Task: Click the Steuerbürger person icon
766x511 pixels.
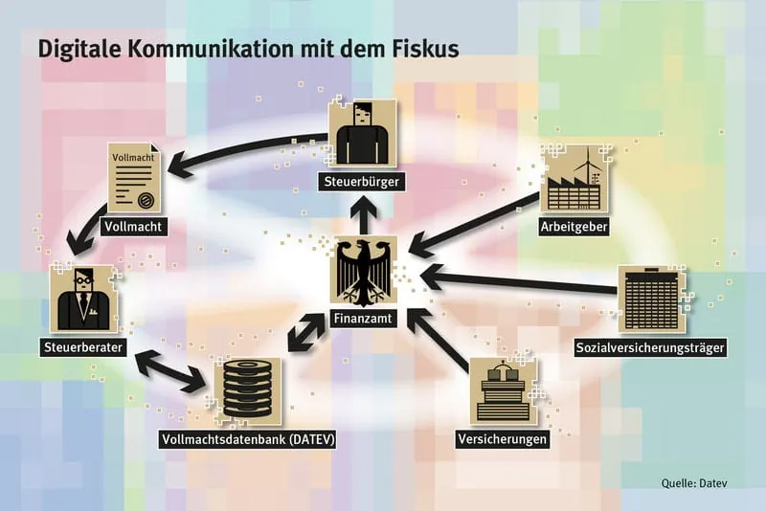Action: (x=361, y=136)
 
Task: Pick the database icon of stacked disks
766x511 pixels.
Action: (x=248, y=391)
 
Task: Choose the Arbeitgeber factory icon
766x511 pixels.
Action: (x=573, y=181)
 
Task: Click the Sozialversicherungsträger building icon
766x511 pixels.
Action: (x=650, y=300)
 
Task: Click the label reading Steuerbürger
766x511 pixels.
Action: (x=361, y=180)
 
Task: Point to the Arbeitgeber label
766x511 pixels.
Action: (x=574, y=227)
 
